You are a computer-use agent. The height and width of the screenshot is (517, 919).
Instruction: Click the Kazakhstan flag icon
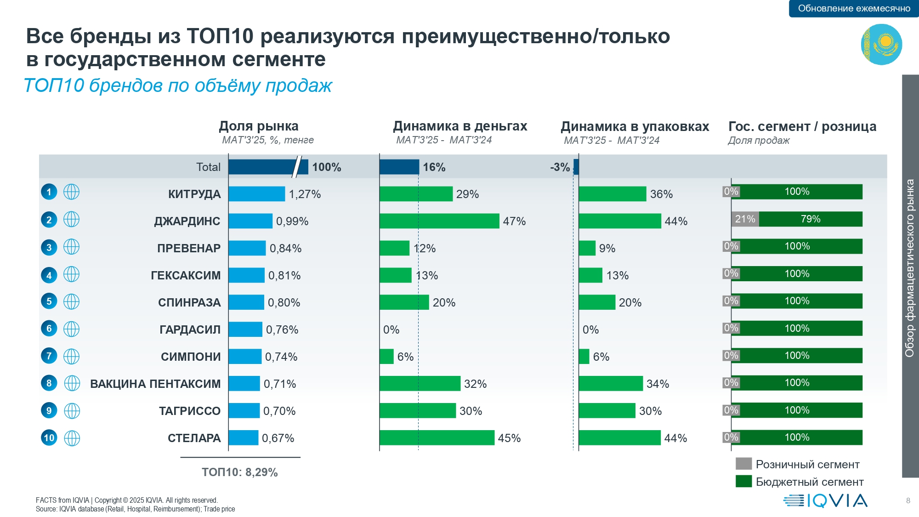click(881, 45)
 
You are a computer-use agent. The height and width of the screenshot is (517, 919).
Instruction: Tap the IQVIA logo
click(825, 500)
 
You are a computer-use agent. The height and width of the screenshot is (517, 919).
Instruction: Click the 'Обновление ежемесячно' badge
click(854, 9)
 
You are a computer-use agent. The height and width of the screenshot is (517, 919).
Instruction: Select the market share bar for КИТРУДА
click(256, 194)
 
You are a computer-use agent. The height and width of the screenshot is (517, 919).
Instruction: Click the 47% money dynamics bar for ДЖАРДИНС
click(439, 221)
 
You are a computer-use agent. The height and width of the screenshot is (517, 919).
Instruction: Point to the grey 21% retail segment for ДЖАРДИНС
click(745, 219)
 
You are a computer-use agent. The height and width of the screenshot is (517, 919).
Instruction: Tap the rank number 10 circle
click(49, 438)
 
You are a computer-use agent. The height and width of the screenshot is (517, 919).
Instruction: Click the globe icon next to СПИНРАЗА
click(71, 302)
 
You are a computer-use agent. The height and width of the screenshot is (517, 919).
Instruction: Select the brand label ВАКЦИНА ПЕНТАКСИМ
click(155, 384)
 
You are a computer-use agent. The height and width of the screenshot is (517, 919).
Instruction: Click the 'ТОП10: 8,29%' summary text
click(240, 472)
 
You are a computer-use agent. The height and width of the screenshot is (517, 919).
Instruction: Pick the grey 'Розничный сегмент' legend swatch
click(743, 464)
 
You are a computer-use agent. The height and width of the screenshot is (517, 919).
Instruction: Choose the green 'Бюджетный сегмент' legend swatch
click(743, 481)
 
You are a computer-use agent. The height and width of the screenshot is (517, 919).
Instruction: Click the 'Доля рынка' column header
click(259, 126)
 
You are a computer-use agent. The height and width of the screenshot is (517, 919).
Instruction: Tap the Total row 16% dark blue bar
click(399, 167)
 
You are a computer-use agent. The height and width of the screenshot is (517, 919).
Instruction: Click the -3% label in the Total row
click(560, 167)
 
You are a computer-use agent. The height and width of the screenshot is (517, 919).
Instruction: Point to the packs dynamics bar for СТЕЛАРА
click(619, 438)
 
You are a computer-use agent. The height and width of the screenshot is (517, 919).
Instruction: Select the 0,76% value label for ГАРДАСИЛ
click(282, 330)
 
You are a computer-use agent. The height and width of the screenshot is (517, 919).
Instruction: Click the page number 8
click(908, 500)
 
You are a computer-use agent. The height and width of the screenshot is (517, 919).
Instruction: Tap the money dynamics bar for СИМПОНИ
click(386, 357)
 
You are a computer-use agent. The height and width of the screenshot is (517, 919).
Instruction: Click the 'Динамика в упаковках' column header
click(635, 126)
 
